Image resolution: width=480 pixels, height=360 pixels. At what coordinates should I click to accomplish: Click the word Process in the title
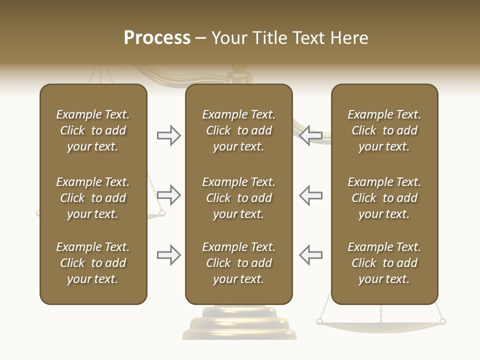[x=157, y=38]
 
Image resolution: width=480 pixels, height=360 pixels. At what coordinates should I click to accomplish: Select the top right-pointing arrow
[x=168, y=135]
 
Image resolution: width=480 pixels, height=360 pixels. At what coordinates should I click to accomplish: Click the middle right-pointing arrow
[x=168, y=195]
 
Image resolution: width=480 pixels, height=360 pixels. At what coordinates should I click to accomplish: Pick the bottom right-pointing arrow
[x=168, y=255]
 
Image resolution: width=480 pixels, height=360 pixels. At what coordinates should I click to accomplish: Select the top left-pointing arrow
[x=310, y=135]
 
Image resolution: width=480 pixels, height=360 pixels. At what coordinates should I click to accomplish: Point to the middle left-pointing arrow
[x=310, y=195]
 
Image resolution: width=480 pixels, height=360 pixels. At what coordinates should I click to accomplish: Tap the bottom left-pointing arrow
[x=310, y=255]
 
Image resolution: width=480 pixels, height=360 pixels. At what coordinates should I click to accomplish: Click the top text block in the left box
[x=93, y=130]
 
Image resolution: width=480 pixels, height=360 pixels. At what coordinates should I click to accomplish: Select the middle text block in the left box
[x=93, y=198]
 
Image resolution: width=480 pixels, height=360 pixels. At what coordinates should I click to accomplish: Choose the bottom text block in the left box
[x=93, y=263]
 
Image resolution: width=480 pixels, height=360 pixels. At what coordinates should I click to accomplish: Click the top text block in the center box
[x=238, y=130]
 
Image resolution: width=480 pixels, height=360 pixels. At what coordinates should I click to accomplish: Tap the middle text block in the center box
[x=238, y=198]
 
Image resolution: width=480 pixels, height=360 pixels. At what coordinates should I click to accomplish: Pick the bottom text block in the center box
[x=238, y=263]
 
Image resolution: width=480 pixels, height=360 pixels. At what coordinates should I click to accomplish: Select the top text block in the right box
[x=384, y=130]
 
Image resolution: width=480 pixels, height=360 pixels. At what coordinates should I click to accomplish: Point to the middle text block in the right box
[x=384, y=198]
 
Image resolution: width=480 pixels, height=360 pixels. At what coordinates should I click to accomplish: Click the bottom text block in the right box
[x=384, y=263]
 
